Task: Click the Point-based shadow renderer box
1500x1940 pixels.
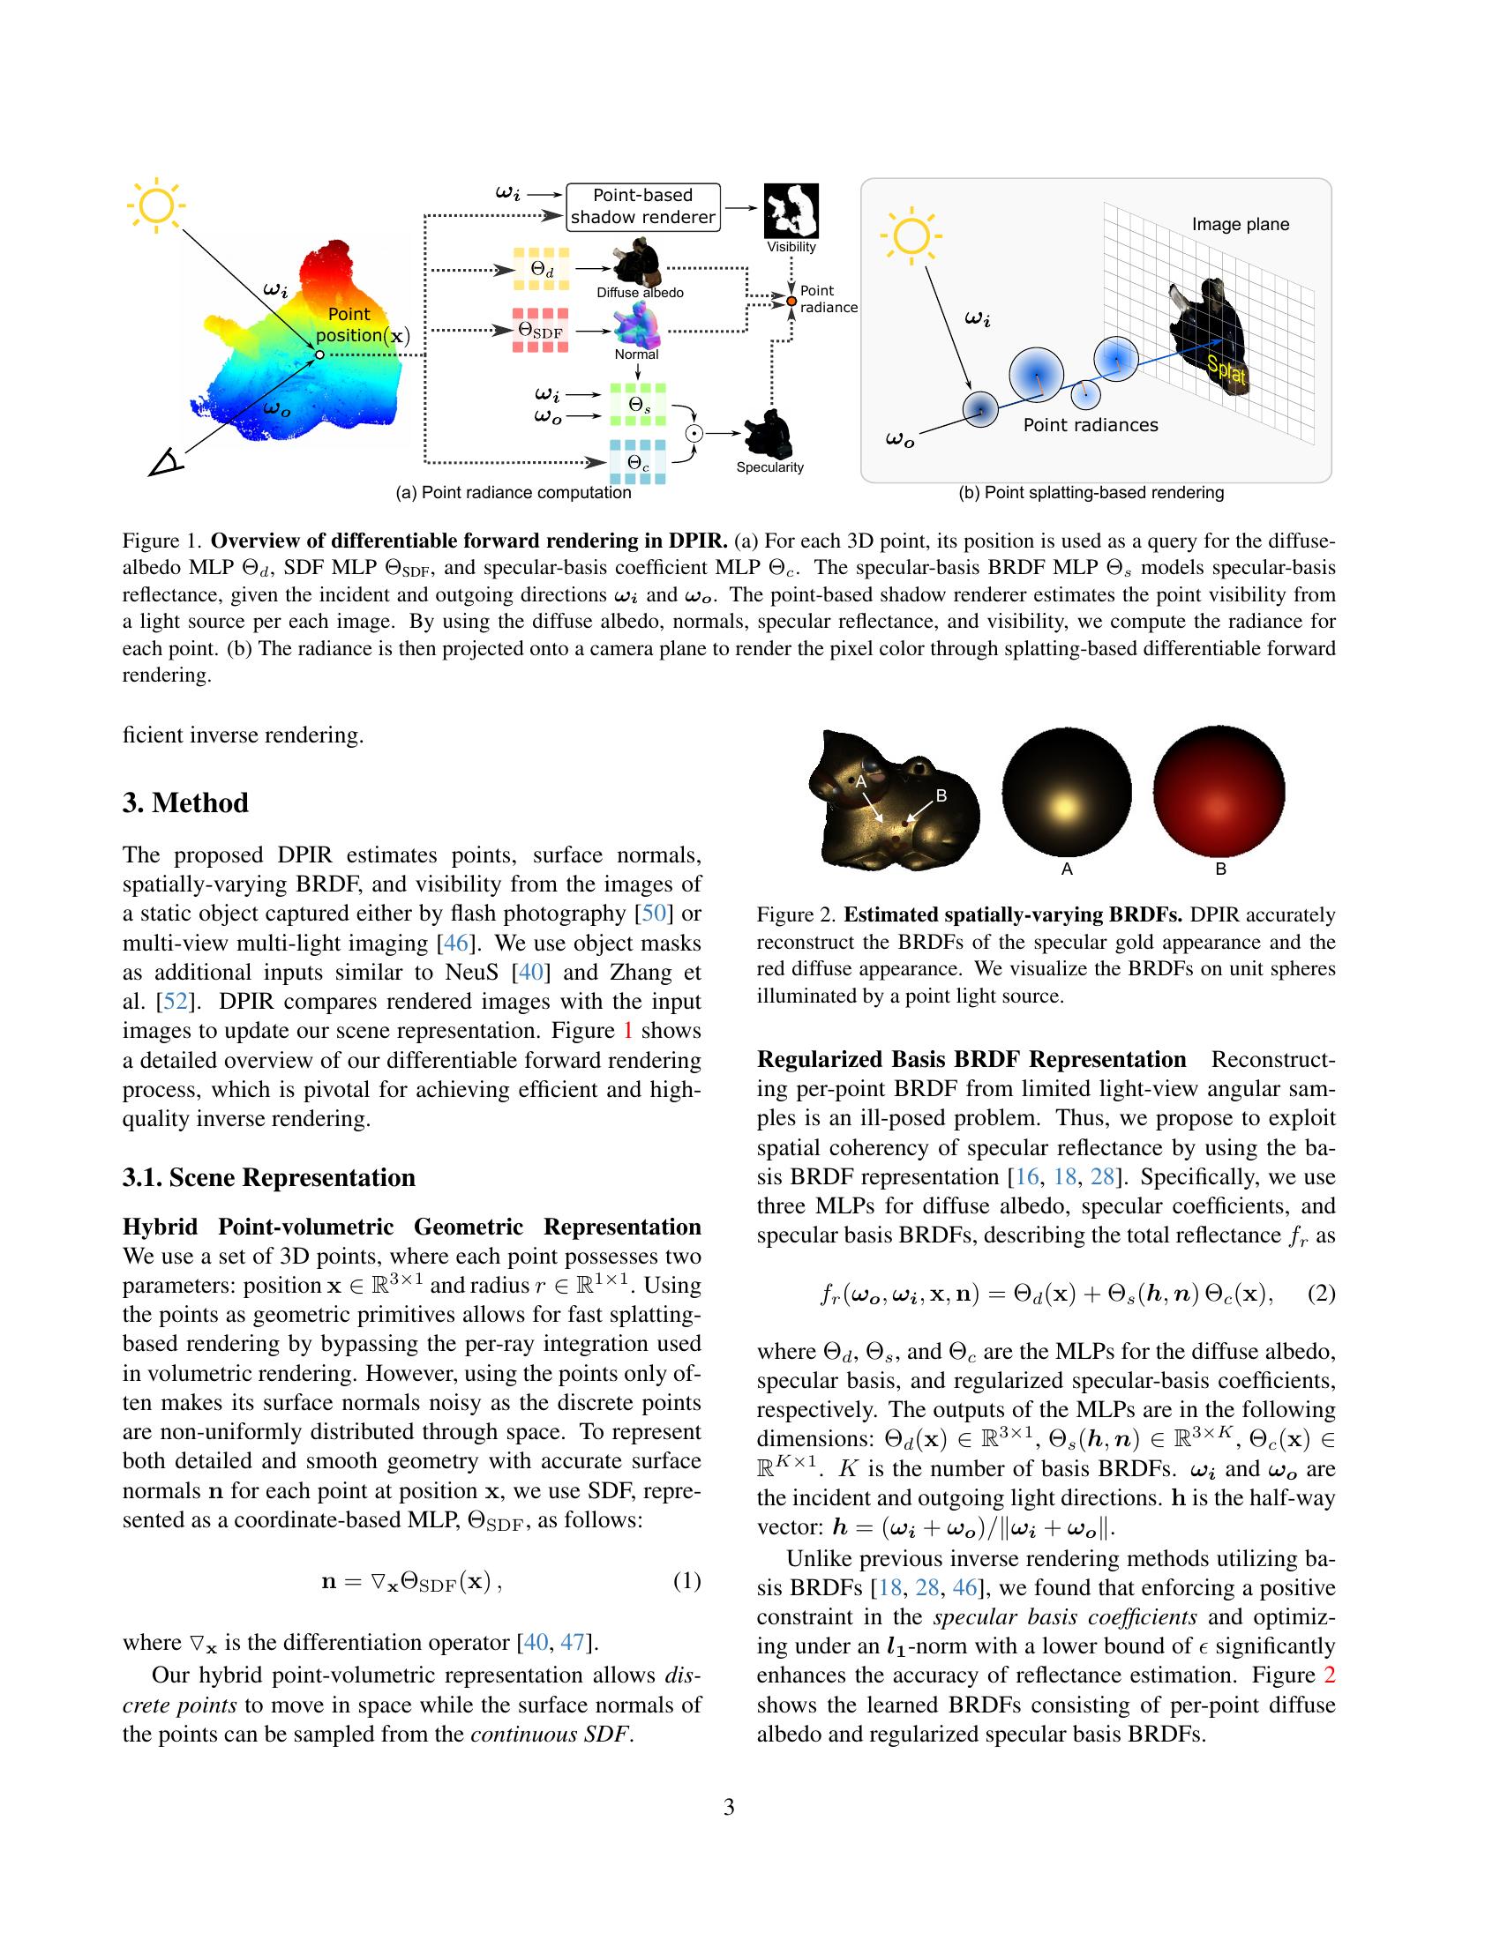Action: pyautogui.click(x=642, y=207)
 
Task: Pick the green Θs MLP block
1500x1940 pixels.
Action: pyautogui.click(x=636, y=404)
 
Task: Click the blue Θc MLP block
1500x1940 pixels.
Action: pyautogui.click(x=636, y=462)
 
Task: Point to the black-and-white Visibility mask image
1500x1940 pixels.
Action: pyautogui.click(x=791, y=212)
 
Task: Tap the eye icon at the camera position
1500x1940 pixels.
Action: pyautogui.click(x=165, y=463)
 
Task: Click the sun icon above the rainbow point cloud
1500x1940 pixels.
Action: pyautogui.click(x=156, y=207)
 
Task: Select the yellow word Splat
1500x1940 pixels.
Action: pyautogui.click(x=1226, y=369)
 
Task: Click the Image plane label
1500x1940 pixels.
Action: pyautogui.click(x=1241, y=225)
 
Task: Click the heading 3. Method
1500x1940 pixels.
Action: pyautogui.click(x=185, y=803)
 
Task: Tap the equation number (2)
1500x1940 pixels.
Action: pyautogui.click(x=1323, y=1294)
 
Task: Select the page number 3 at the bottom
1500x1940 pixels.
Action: pyautogui.click(x=729, y=1807)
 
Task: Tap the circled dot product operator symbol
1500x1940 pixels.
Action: pyautogui.click(x=695, y=434)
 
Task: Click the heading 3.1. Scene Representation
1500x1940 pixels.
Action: pyautogui.click(x=268, y=1178)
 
